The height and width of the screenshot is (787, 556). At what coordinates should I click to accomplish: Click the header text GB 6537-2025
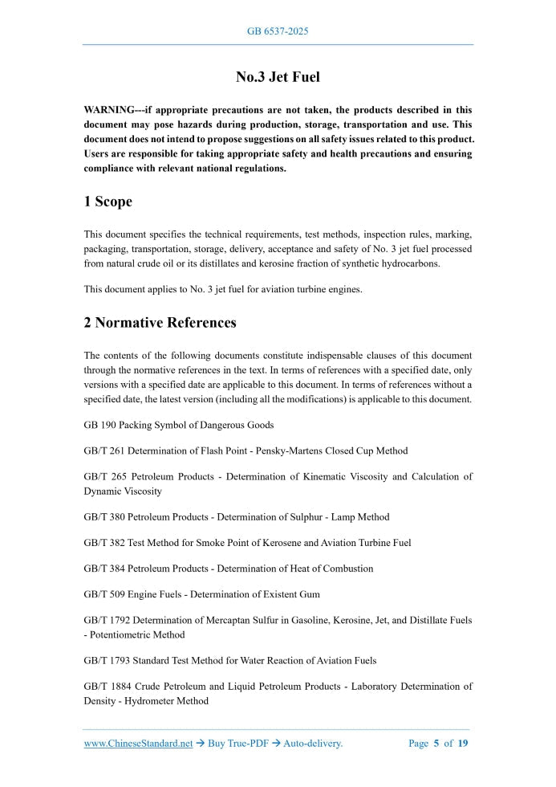click(x=278, y=31)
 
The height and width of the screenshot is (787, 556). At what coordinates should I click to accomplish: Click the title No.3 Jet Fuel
click(x=278, y=77)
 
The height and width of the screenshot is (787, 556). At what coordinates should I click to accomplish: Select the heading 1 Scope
click(x=108, y=202)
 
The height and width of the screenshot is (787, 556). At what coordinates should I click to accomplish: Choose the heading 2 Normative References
click(x=160, y=323)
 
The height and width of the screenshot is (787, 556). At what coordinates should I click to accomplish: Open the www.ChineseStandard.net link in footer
click(x=138, y=744)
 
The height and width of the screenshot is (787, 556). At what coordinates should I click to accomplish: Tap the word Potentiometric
click(x=121, y=634)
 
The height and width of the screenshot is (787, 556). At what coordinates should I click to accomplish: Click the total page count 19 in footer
click(x=463, y=744)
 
